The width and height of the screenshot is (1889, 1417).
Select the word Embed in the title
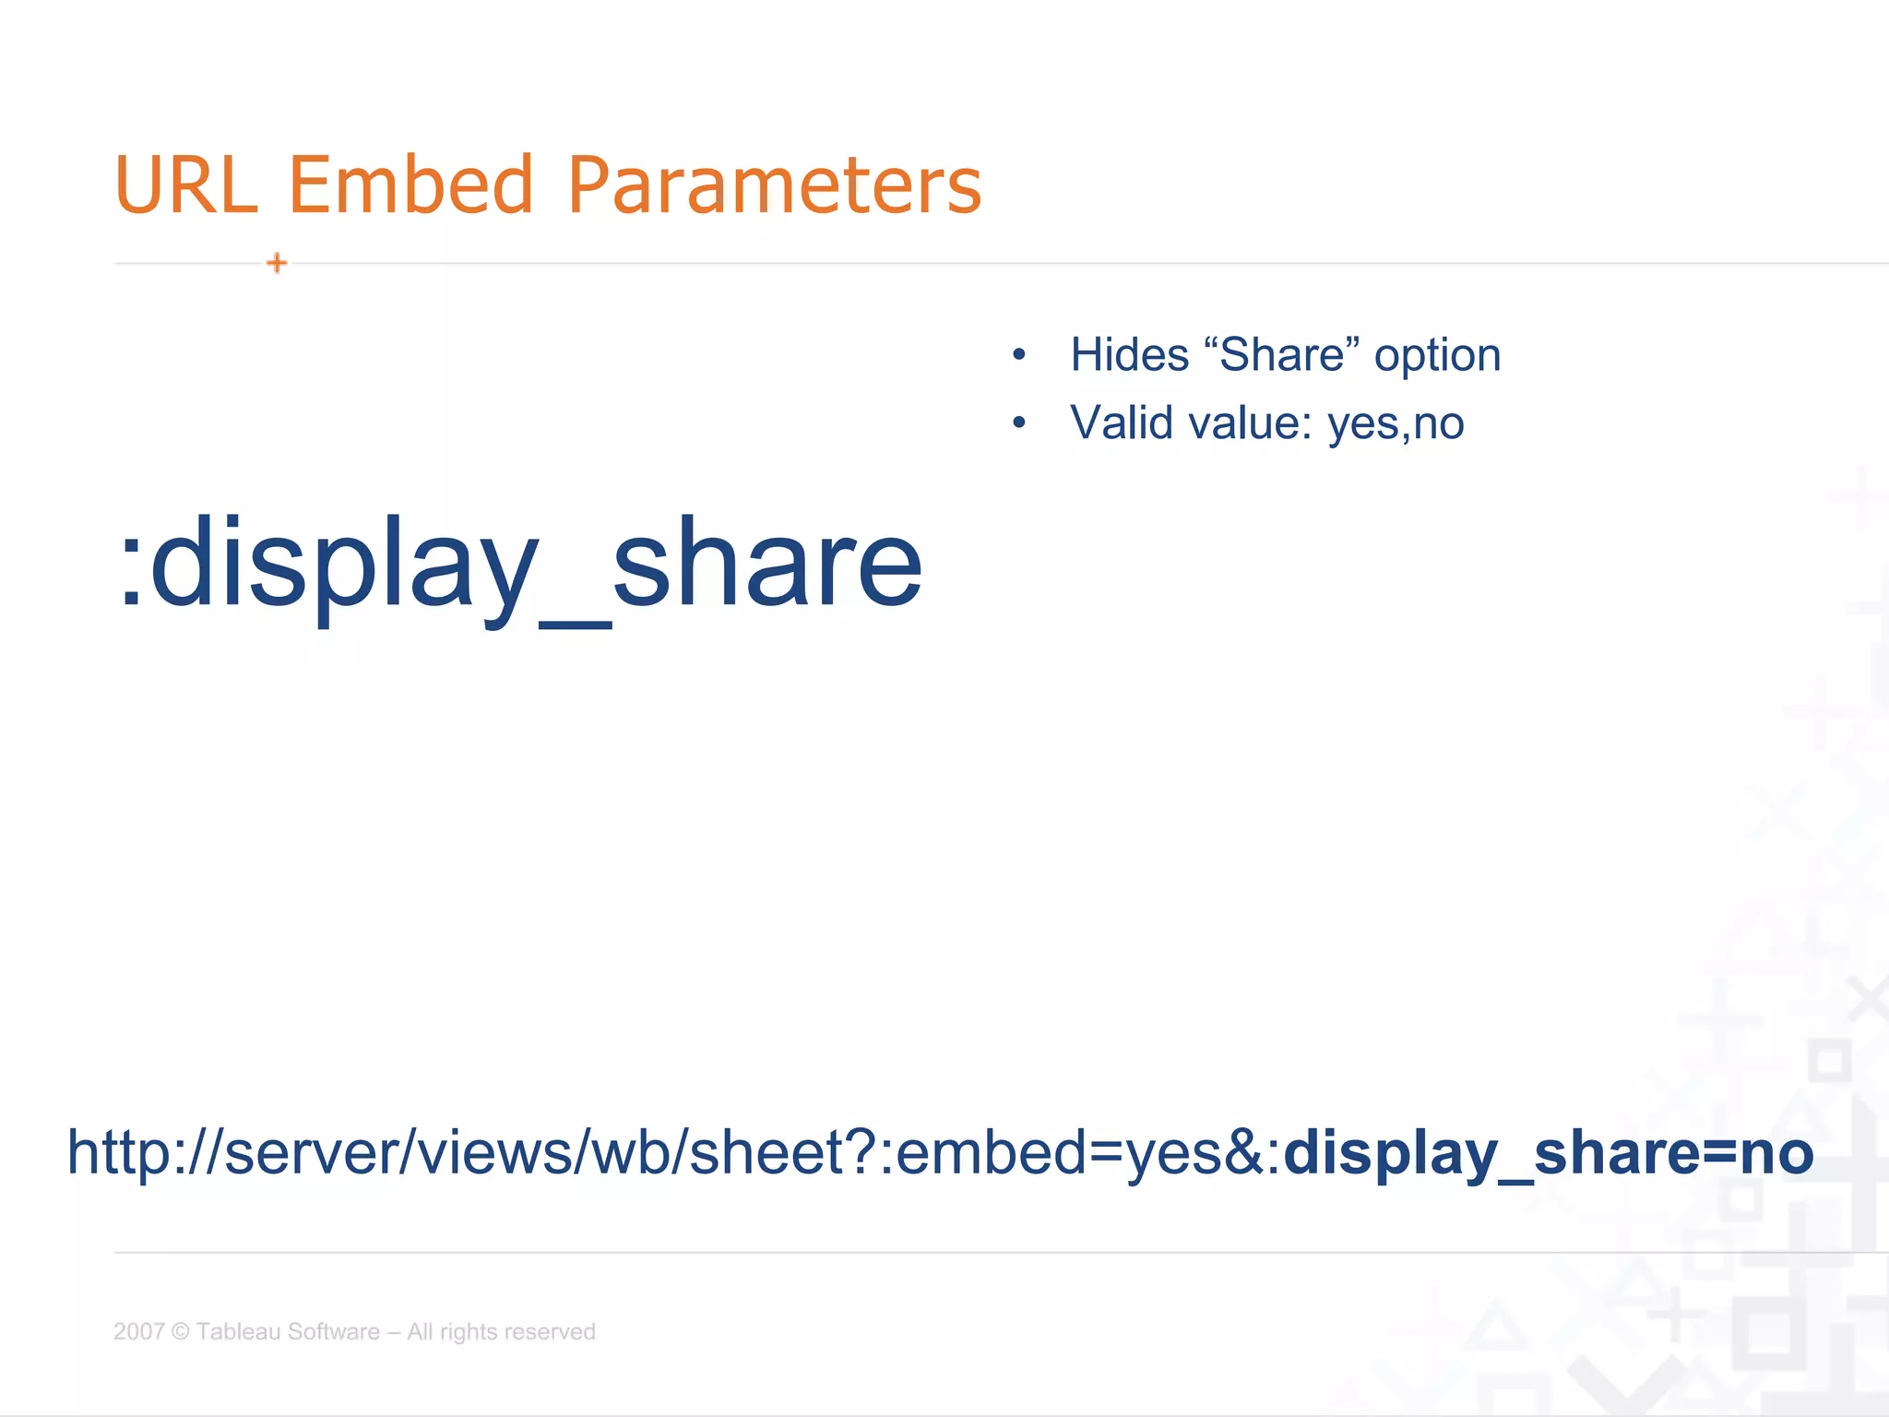coord(411,185)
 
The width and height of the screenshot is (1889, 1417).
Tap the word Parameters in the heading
coord(774,185)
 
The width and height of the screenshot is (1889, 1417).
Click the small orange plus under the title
coord(277,264)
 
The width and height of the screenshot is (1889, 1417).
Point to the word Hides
coord(1129,355)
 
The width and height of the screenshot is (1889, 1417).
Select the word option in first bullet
coord(1437,357)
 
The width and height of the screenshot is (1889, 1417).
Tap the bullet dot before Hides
coord(1018,355)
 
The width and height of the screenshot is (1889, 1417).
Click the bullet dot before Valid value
coord(1018,423)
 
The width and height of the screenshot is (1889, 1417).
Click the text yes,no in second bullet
coord(1395,425)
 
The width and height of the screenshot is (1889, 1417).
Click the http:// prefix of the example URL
coord(144,1152)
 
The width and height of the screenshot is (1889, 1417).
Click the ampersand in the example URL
coord(1246,1152)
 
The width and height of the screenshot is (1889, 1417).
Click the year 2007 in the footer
coord(138,1331)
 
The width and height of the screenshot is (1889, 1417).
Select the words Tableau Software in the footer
coord(288,1331)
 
